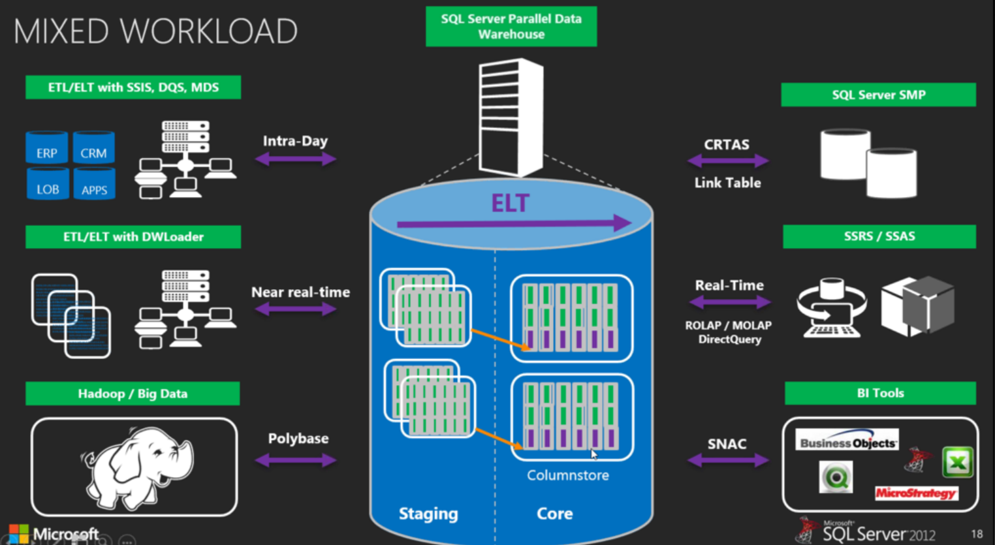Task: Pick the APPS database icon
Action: coord(94,184)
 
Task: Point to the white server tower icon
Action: coord(511,117)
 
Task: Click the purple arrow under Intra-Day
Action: coord(295,159)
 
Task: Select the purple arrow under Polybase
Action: coord(295,460)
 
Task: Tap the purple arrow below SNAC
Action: coord(728,460)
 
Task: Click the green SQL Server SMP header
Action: coord(878,95)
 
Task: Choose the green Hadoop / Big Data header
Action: coord(133,394)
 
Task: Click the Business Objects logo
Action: coord(847,441)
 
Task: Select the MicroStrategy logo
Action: coord(916,493)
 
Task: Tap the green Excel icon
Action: coord(957,463)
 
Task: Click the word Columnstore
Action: coord(567,475)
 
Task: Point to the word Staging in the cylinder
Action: coord(428,514)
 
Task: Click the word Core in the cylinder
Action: coord(554,514)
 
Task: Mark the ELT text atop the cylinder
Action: coord(510,204)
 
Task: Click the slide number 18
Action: coord(977,534)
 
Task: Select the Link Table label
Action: coord(727,183)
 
